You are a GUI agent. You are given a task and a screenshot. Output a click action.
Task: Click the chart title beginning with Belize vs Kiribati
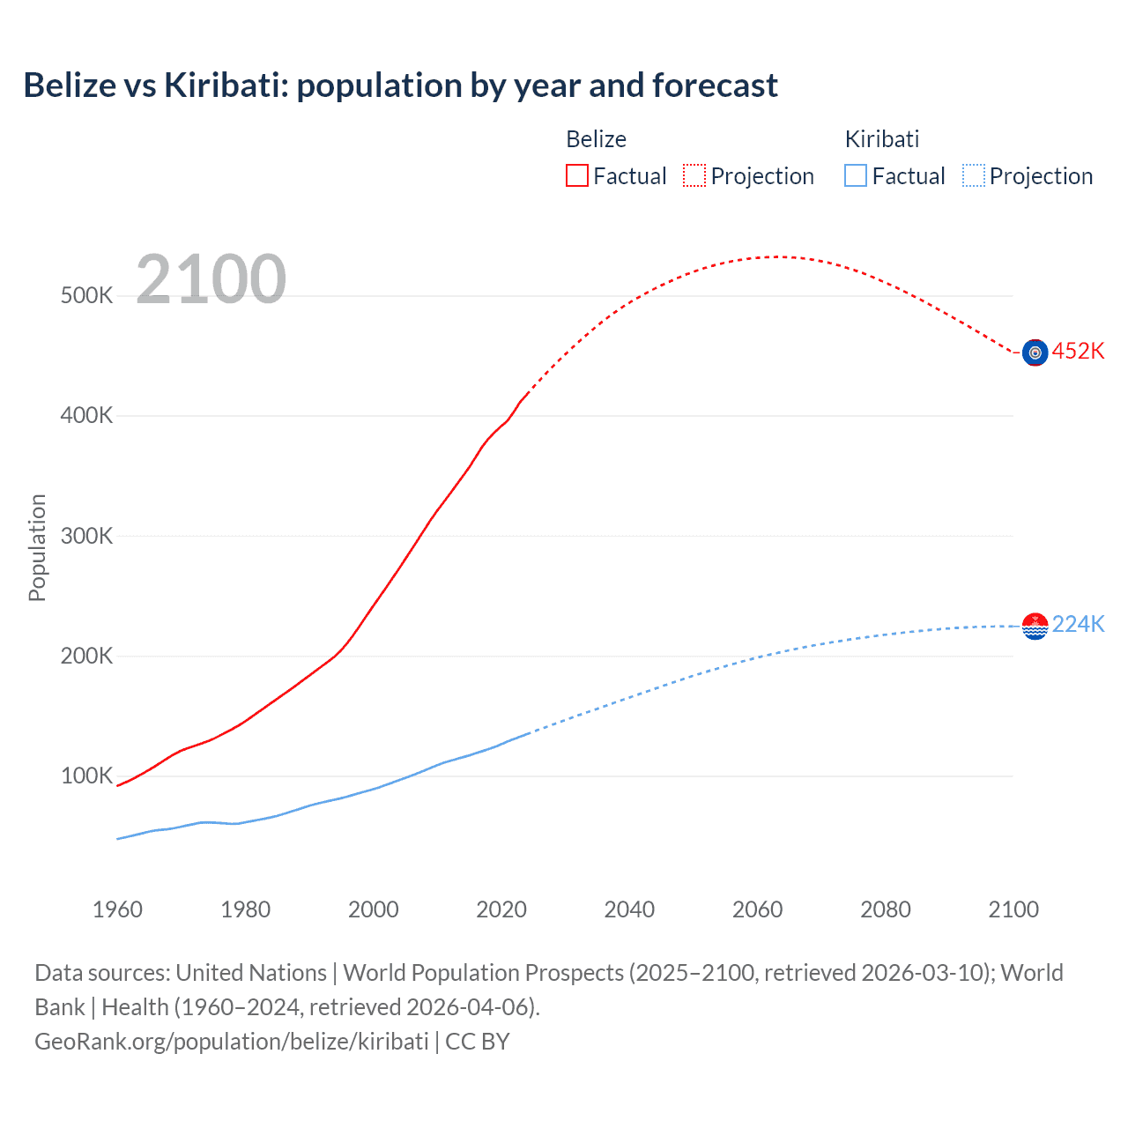pyautogui.click(x=400, y=85)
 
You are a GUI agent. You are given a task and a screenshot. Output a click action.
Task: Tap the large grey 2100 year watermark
pyautogui.click(x=211, y=279)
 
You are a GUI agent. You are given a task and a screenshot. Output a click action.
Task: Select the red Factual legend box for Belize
pyautogui.click(x=576, y=175)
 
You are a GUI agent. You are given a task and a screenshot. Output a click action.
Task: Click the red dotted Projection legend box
pyautogui.click(x=694, y=175)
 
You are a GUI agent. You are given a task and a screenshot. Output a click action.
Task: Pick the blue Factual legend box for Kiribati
pyautogui.click(x=855, y=175)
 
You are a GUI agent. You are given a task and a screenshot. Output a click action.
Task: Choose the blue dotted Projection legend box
pyautogui.click(x=973, y=175)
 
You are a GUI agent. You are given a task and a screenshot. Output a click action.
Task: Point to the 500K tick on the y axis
pyautogui.click(x=86, y=295)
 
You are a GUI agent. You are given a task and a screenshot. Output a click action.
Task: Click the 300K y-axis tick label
pyautogui.click(x=86, y=536)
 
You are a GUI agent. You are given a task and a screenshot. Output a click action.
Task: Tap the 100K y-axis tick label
pyautogui.click(x=86, y=776)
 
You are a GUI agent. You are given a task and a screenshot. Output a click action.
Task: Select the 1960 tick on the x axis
pyautogui.click(x=117, y=909)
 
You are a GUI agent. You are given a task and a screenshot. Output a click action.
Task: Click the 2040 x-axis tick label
pyautogui.click(x=629, y=909)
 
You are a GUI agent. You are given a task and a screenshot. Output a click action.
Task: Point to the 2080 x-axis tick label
pyautogui.click(x=886, y=909)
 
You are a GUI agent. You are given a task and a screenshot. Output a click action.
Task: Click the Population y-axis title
pyautogui.click(x=37, y=547)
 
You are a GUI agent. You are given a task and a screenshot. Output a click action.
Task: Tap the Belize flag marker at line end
pyautogui.click(x=1035, y=352)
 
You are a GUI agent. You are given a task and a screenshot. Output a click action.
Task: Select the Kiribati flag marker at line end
pyautogui.click(x=1035, y=626)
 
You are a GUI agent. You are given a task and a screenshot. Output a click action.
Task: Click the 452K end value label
pyautogui.click(x=1078, y=351)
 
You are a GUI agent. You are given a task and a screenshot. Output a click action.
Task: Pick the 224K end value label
pyautogui.click(x=1078, y=624)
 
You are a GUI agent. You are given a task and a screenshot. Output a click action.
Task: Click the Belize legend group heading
pyautogui.click(x=596, y=139)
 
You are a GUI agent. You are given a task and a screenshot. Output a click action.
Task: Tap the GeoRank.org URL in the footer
pyautogui.click(x=232, y=1042)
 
